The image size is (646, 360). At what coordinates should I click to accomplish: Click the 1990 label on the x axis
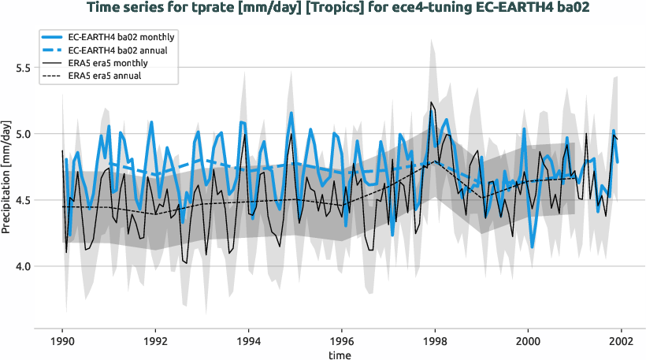point(62,343)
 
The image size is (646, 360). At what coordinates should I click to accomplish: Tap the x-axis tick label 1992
point(155,343)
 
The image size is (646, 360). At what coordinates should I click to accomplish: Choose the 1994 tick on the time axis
point(248,343)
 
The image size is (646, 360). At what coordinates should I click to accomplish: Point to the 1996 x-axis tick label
point(342,343)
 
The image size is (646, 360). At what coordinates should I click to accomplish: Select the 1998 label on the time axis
point(435,343)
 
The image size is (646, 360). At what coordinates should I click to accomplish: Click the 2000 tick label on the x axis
point(528,343)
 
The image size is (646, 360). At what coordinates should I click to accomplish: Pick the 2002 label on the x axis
point(621,343)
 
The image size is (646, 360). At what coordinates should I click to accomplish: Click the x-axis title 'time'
point(341,355)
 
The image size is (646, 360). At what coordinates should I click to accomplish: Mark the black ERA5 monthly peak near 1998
point(431,102)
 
